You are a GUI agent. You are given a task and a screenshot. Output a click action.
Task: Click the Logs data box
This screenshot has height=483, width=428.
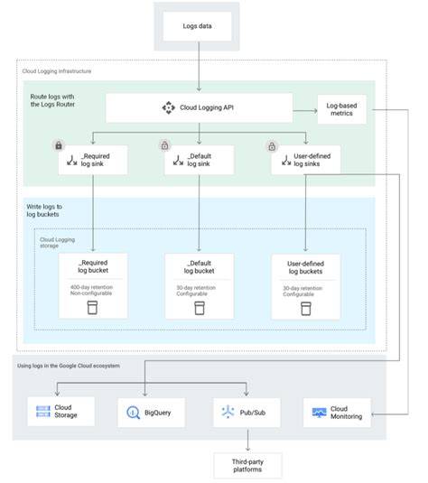[x=197, y=26]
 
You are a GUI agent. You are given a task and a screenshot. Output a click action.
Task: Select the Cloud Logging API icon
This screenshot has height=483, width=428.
[x=169, y=107]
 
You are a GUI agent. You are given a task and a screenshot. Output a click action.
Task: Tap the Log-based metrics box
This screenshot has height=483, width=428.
[x=341, y=109]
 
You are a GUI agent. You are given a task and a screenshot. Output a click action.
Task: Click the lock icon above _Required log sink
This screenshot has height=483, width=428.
[x=59, y=145]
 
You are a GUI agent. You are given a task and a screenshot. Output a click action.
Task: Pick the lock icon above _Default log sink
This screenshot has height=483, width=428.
[x=165, y=145]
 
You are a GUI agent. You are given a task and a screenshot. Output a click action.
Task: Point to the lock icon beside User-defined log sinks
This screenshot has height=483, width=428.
[x=272, y=146]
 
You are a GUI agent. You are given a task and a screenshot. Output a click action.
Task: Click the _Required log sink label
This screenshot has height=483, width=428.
[x=95, y=160]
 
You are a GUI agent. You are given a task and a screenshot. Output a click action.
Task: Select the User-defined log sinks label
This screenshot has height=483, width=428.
[x=312, y=160]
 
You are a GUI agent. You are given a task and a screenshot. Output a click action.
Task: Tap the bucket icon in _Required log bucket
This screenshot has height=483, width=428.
[x=92, y=308]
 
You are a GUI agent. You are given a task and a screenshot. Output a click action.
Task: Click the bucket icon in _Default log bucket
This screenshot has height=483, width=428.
[x=200, y=308]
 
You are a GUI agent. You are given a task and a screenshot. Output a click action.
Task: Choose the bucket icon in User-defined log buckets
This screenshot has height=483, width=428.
[x=306, y=309]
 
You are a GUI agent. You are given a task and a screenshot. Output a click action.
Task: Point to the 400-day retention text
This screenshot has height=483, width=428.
[x=91, y=287]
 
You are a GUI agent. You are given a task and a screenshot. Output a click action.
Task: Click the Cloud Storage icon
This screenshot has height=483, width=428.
[x=43, y=412]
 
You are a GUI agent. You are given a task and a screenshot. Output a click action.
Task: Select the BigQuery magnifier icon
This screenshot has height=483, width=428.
[x=133, y=413]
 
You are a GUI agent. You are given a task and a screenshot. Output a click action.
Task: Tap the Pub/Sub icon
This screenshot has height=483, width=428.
[x=228, y=412]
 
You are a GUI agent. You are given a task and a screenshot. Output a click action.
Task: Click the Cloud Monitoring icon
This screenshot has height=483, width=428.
[x=319, y=413]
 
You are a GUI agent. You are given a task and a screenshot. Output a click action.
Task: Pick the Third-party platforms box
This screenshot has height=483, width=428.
[x=247, y=466]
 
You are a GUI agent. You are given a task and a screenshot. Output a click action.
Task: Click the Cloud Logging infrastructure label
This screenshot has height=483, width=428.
[x=57, y=71]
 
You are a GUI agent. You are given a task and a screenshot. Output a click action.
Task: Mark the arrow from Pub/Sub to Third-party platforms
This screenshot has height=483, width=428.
[x=247, y=440]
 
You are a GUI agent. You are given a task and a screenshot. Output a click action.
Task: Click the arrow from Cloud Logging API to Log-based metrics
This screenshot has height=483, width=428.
[x=305, y=110]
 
